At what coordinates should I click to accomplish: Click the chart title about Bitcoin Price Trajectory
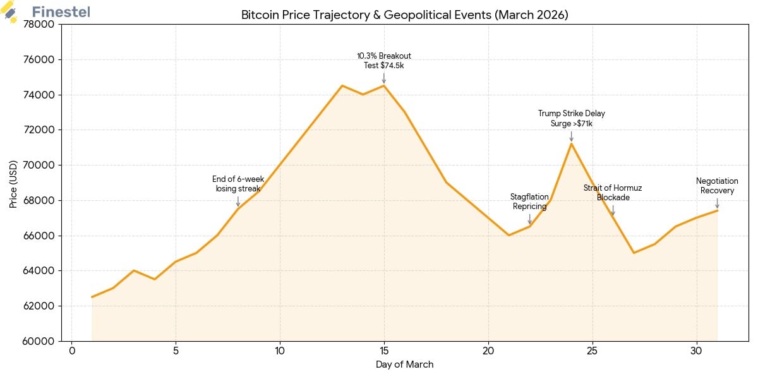tap(404, 15)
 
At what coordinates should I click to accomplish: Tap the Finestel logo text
tap(61, 12)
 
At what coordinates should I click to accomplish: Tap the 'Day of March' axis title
tap(404, 364)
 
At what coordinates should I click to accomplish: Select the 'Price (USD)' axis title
tap(13, 183)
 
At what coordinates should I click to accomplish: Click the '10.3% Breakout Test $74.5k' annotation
tap(384, 61)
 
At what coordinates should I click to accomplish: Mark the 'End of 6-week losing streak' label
tap(238, 184)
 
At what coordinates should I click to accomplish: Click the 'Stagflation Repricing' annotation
tap(529, 202)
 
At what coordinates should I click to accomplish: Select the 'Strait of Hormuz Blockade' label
tap(613, 193)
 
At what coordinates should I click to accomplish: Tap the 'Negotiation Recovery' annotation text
tap(717, 186)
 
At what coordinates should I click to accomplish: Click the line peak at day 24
tap(571, 143)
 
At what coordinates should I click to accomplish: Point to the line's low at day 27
tap(634, 253)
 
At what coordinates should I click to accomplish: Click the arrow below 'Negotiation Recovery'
tap(717, 203)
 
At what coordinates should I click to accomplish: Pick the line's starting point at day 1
tap(92, 297)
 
